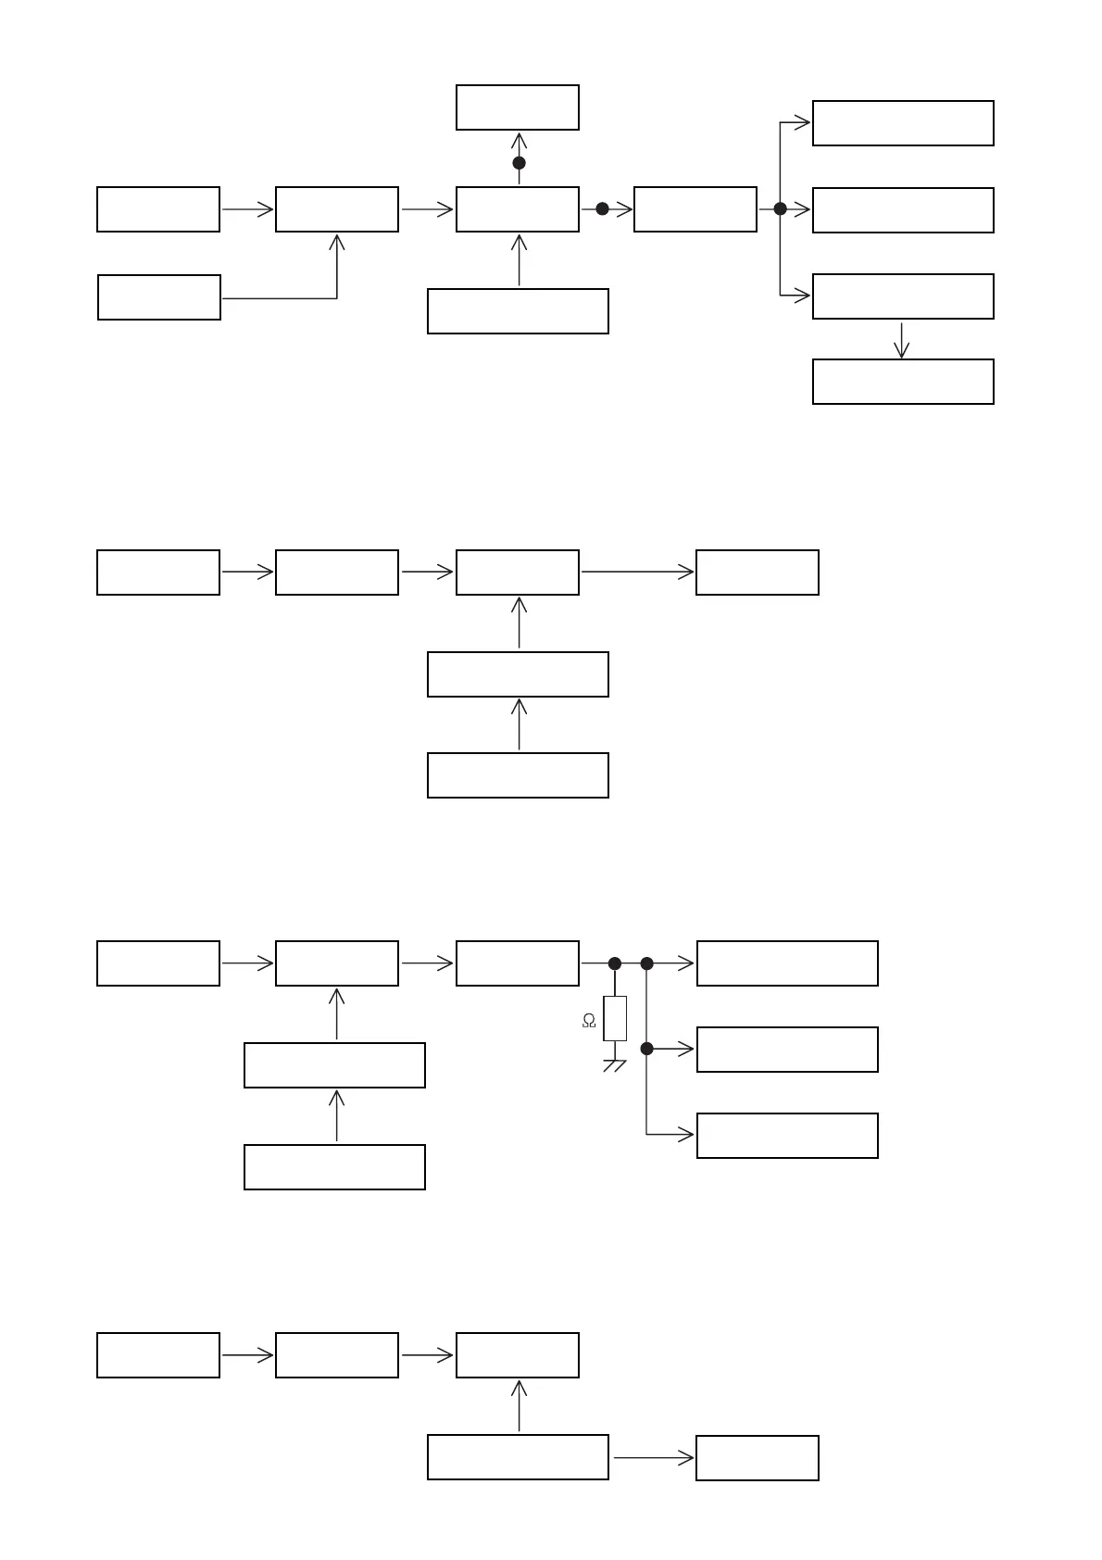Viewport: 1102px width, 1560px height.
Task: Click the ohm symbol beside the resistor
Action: [x=589, y=1021]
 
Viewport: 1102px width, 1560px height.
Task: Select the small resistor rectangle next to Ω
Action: [x=615, y=1018]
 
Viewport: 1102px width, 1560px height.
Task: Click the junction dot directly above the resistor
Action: [x=615, y=963]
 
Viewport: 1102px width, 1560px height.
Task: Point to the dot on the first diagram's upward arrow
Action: [x=519, y=163]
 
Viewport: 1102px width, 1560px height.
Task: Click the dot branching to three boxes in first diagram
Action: [x=780, y=209]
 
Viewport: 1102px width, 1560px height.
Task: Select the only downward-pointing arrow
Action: [x=901, y=340]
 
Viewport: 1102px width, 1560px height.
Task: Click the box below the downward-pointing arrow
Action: [x=903, y=382]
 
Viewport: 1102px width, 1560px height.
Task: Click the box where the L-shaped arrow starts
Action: [x=159, y=297]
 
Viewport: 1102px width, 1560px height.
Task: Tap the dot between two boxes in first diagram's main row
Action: [x=602, y=209]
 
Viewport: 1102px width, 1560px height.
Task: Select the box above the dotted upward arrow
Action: [x=518, y=107]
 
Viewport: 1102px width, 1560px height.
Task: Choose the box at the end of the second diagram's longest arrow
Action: [x=758, y=572]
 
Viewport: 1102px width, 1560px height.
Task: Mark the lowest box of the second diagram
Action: [x=518, y=775]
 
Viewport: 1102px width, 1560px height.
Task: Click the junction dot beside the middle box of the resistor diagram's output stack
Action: [x=646, y=1049]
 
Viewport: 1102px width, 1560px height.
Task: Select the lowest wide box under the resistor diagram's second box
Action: [x=334, y=1167]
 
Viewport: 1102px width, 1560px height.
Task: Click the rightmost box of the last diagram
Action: [x=758, y=1458]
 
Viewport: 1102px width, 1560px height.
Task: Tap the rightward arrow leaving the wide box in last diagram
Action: [x=653, y=1458]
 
